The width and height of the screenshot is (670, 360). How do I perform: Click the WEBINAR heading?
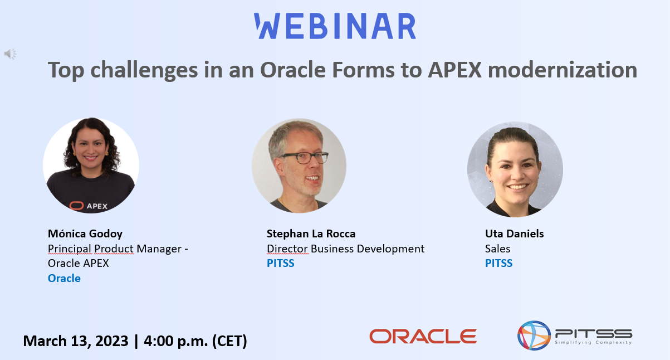(x=335, y=26)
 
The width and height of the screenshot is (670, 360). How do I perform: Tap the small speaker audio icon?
(x=10, y=53)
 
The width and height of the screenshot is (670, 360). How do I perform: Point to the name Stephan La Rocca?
(x=311, y=233)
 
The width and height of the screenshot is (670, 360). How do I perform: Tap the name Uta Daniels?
(x=514, y=233)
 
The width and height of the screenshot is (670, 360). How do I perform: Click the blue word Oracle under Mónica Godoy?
(x=64, y=278)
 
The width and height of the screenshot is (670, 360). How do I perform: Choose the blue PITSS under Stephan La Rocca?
(x=280, y=263)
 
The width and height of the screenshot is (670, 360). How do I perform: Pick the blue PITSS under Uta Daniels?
(x=498, y=263)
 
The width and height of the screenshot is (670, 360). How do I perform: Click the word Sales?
(x=497, y=249)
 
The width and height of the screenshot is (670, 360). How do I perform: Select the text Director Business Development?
(x=345, y=249)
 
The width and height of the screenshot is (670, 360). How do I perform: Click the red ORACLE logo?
(x=423, y=336)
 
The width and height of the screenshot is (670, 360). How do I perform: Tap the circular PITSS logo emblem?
(x=534, y=335)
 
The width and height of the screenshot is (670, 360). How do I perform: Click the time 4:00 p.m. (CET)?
(x=195, y=340)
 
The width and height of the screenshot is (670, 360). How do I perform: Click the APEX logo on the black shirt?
(x=89, y=205)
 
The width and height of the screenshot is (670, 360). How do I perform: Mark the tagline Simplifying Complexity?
(x=593, y=343)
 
